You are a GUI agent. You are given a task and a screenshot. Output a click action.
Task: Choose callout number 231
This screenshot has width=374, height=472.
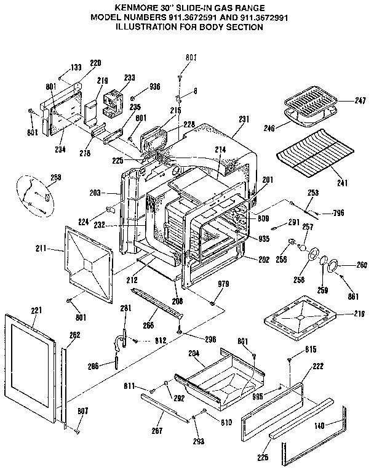(244, 119)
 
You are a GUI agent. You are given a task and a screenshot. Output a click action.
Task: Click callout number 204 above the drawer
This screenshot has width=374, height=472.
(193, 354)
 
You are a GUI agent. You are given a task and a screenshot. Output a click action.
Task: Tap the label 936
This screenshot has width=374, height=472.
(154, 87)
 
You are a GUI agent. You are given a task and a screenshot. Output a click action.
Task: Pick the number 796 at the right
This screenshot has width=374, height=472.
(338, 213)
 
